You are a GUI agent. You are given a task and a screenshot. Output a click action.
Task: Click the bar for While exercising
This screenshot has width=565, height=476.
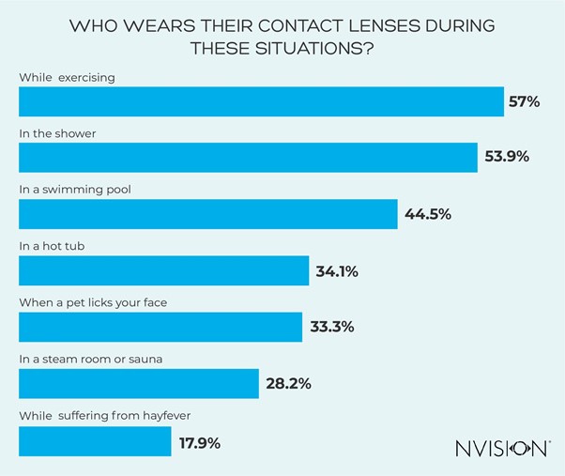[261, 101]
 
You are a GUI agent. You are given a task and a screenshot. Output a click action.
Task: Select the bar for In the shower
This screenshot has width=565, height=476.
[248, 157]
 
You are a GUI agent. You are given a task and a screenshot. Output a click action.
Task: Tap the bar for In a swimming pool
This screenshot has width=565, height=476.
[208, 214]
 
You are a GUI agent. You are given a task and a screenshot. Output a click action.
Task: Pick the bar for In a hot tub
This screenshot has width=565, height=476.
[164, 270]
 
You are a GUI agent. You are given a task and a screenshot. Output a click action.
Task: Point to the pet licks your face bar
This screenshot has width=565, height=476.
[160, 327]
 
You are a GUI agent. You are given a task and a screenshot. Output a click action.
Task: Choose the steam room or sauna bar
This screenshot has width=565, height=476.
[139, 383]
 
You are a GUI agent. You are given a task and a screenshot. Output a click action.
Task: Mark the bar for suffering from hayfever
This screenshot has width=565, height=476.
[95, 439]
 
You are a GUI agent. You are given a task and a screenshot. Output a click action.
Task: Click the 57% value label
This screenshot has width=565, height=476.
[524, 101]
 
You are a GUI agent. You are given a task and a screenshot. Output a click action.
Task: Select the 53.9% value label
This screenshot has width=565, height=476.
[507, 157]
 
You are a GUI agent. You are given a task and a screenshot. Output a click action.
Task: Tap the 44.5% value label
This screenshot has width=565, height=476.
[428, 214]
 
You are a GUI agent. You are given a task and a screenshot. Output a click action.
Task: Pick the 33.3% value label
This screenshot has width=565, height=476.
[332, 328]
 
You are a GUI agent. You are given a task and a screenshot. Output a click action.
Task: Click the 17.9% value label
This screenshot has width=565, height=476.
[199, 440]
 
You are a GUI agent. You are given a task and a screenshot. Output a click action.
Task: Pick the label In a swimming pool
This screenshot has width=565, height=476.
[75, 189]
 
